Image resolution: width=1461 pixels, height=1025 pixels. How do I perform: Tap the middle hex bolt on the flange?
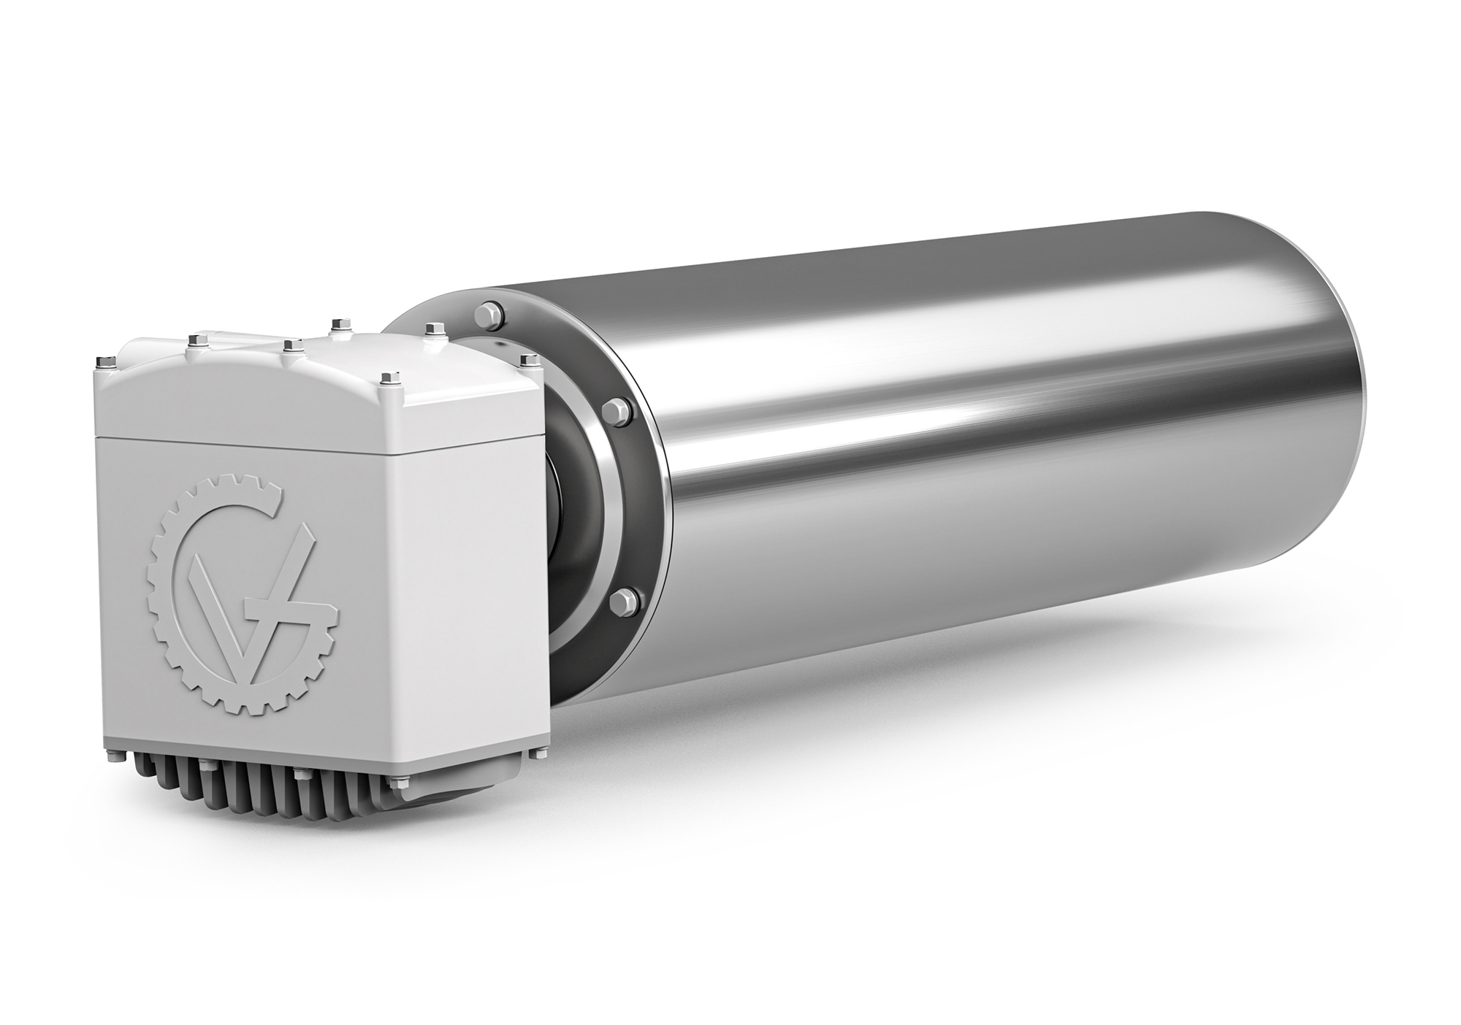tap(617, 411)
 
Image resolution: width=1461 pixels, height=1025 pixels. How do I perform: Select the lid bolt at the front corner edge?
tap(385, 377)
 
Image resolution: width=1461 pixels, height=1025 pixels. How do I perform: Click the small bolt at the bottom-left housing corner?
tap(121, 760)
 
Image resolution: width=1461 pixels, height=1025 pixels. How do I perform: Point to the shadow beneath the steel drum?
tap(950, 730)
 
